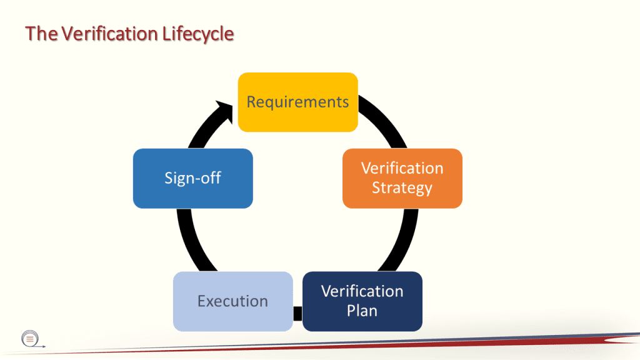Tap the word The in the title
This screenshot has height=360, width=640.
pos(41,34)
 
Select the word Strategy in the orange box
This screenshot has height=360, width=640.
pos(402,187)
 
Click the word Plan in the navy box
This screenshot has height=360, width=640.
pos(362,310)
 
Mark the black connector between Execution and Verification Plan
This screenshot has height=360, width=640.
pos(297,312)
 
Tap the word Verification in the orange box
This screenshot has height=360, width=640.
pos(402,169)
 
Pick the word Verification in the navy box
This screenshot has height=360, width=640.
pos(362,291)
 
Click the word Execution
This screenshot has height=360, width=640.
pos(232,301)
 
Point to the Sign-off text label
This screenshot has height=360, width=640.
pos(192,178)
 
